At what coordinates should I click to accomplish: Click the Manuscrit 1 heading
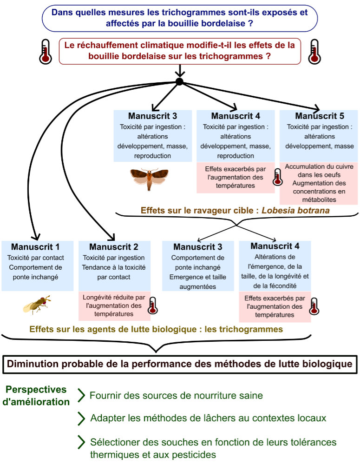(x=35, y=247)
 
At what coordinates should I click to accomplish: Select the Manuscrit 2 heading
(x=114, y=247)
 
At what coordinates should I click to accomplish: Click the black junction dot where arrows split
(x=180, y=82)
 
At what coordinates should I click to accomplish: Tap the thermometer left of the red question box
(x=45, y=52)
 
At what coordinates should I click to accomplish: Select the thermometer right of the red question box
(x=315, y=52)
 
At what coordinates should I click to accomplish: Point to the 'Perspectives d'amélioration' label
(x=36, y=396)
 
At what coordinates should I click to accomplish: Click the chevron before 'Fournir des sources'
(x=81, y=396)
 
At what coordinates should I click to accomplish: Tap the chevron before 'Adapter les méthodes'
(x=81, y=418)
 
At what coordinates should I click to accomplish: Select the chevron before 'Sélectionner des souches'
(x=81, y=442)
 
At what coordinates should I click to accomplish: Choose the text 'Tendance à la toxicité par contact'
(x=114, y=272)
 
